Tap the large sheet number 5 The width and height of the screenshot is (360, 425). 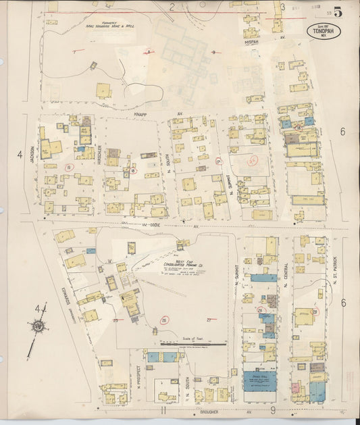coord(336,11)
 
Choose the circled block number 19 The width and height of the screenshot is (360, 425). coord(68,166)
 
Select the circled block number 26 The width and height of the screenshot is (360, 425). coord(163,320)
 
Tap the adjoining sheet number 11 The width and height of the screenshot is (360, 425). coord(163,409)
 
